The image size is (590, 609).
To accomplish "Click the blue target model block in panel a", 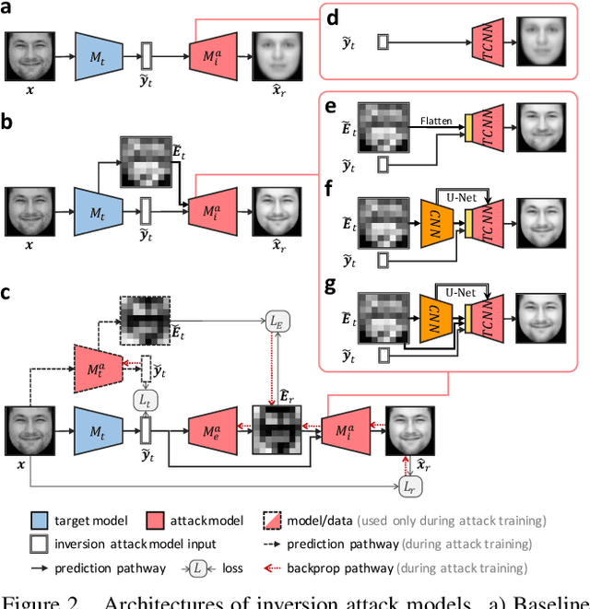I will pos(97,55).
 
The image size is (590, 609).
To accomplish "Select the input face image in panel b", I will pos(31,212).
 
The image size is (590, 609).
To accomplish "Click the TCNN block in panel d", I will pos(485,41).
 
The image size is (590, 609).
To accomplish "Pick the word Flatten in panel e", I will pos(435,120).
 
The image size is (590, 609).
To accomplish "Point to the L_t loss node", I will pos(145,400).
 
